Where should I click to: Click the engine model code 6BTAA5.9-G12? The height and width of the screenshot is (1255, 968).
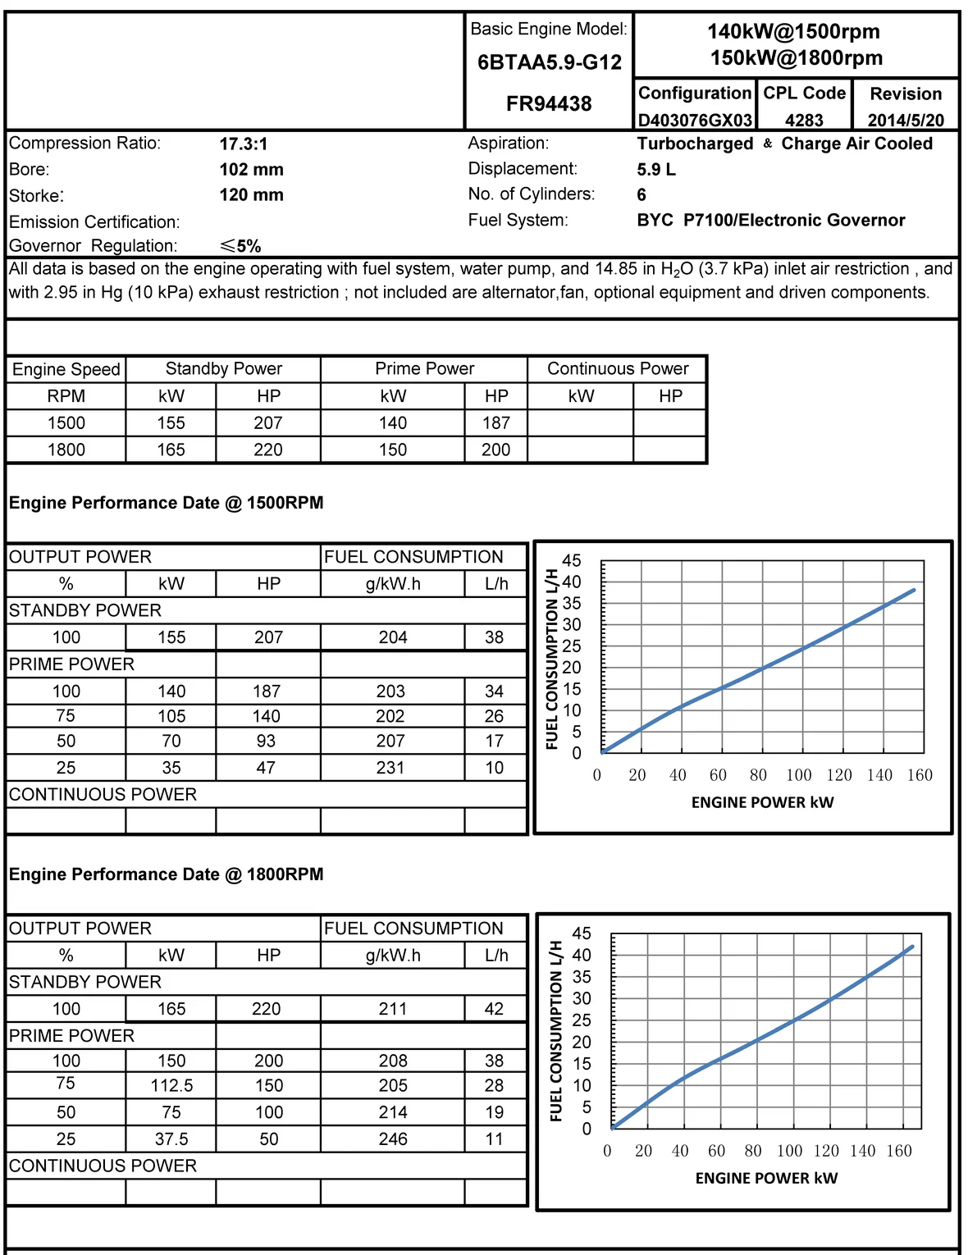click(x=549, y=62)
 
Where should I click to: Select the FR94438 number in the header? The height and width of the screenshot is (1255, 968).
click(x=549, y=104)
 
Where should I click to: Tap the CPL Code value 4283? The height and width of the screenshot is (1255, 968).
click(x=804, y=121)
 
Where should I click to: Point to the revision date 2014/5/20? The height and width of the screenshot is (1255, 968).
click(x=906, y=121)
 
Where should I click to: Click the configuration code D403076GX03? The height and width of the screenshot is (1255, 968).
click(x=695, y=121)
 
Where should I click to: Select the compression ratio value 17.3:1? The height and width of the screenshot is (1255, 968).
click(x=244, y=144)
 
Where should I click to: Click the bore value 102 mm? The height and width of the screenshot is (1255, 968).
click(x=251, y=170)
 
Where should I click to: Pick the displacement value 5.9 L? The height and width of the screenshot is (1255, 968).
click(x=656, y=170)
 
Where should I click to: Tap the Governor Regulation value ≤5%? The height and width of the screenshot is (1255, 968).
click(x=240, y=246)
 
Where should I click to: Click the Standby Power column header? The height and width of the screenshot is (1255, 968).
click(x=223, y=369)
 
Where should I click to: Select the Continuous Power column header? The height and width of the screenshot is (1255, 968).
click(x=618, y=369)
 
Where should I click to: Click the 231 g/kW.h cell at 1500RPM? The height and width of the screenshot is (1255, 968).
click(x=390, y=768)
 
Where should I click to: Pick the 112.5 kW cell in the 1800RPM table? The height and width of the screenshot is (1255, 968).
click(x=171, y=1086)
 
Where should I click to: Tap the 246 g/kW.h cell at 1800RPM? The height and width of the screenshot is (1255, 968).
click(x=393, y=1139)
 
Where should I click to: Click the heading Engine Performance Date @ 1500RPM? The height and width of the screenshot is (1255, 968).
click(x=166, y=503)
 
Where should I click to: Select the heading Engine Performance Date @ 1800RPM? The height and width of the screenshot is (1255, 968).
click(x=166, y=874)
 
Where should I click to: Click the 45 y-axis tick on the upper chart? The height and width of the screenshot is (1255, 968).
click(x=571, y=561)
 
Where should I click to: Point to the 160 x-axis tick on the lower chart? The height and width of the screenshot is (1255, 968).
click(x=899, y=1151)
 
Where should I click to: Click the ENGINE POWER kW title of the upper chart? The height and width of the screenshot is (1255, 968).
click(x=762, y=802)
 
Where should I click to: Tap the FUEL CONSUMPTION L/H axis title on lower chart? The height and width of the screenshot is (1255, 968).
click(x=557, y=1030)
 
